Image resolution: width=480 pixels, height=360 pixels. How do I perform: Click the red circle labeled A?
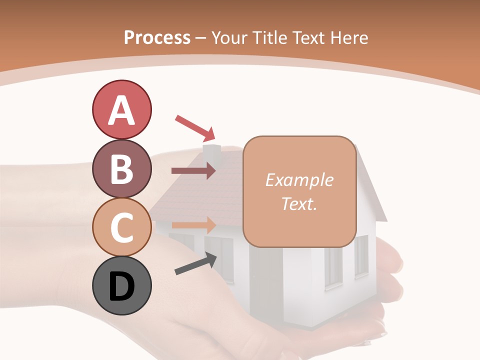click(x=122, y=109)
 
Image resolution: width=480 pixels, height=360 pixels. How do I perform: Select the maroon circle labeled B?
click(x=122, y=168)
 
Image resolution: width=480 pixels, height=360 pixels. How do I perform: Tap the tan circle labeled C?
click(x=122, y=227)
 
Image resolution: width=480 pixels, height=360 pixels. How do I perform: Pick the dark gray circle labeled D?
click(x=122, y=286)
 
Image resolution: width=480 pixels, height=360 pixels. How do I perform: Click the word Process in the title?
click(x=157, y=37)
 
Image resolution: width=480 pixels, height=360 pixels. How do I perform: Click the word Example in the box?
click(x=299, y=180)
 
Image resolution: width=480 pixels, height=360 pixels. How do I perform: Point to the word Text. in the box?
click(x=299, y=203)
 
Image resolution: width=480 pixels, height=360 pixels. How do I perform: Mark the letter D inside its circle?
click(x=122, y=287)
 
